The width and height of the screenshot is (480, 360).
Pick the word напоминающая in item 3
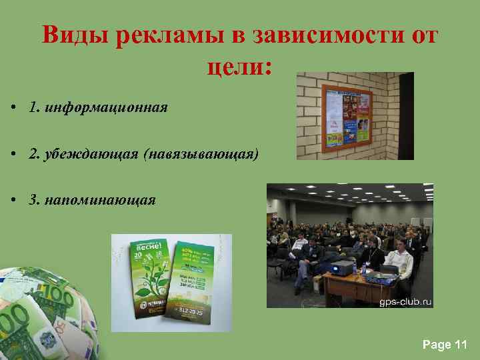pos(101,200)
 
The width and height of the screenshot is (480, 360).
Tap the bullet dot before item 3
pos(13,201)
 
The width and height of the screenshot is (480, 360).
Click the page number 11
pos(460,344)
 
